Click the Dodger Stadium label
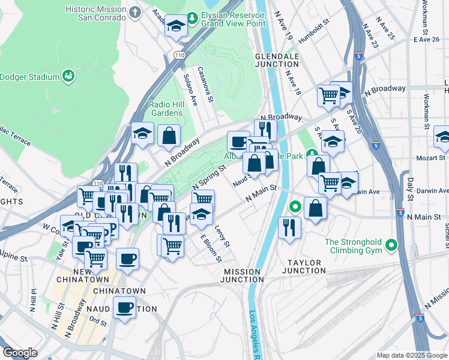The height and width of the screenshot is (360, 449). click(29, 77)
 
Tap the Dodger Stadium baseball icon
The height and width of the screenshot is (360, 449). click(69, 76)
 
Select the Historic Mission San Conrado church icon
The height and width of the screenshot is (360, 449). click(136, 12)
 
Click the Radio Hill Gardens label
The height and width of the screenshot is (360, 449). click(166, 109)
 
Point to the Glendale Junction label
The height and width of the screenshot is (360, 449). click(277, 60)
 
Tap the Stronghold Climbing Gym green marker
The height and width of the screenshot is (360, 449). click(391, 245)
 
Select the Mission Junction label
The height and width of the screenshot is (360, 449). click(243, 276)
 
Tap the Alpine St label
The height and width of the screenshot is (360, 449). click(14, 256)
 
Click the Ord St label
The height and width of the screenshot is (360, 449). click(98, 322)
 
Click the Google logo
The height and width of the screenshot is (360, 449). click(20, 353)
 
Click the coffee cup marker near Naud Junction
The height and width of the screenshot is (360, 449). click(125, 307)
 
